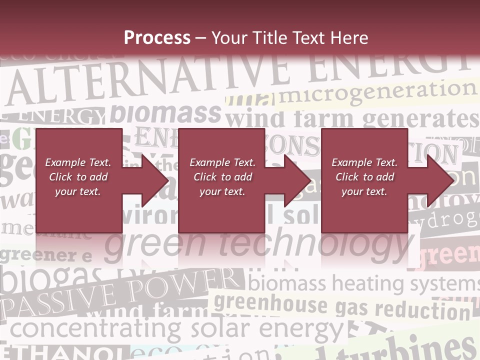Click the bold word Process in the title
(x=157, y=38)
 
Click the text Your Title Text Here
(x=290, y=38)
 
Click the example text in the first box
(x=78, y=177)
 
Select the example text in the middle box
(x=222, y=177)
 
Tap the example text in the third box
(x=364, y=177)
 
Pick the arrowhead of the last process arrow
(x=442, y=180)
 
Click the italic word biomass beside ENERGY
(x=165, y=114)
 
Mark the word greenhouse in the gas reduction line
(x=270, y=303)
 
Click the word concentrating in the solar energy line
(x=95, y=328)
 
